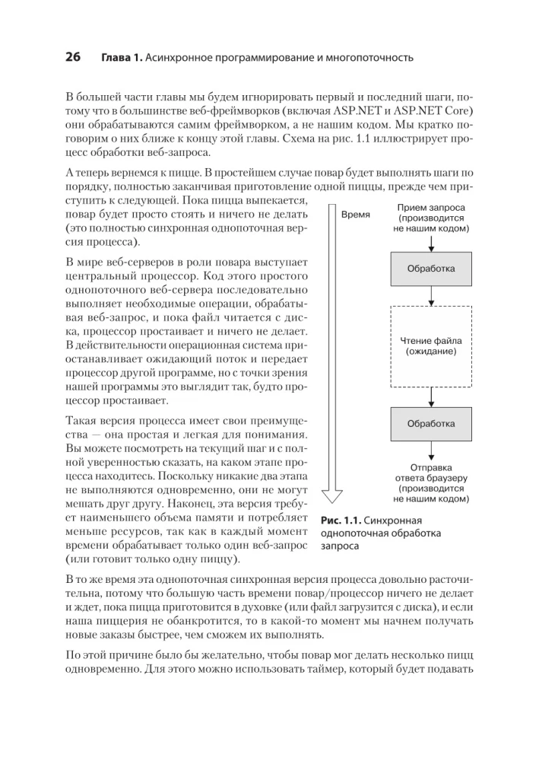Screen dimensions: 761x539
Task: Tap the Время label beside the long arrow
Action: (x=355, y=215)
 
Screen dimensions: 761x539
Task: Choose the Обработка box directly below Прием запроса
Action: (x=431, y=269)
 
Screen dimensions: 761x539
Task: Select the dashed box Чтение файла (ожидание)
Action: (x=431, y=346)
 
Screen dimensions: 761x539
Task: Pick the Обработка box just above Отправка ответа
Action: (x=431, y=423)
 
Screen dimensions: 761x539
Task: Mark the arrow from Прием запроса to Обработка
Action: (x=431, y=243)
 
